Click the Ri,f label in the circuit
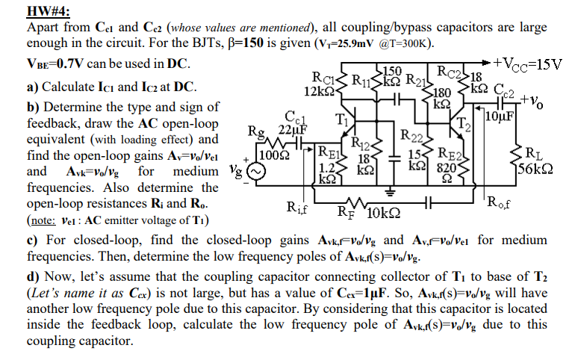(298, 208)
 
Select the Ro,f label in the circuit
(502, 200)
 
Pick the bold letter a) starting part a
(32, 87)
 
